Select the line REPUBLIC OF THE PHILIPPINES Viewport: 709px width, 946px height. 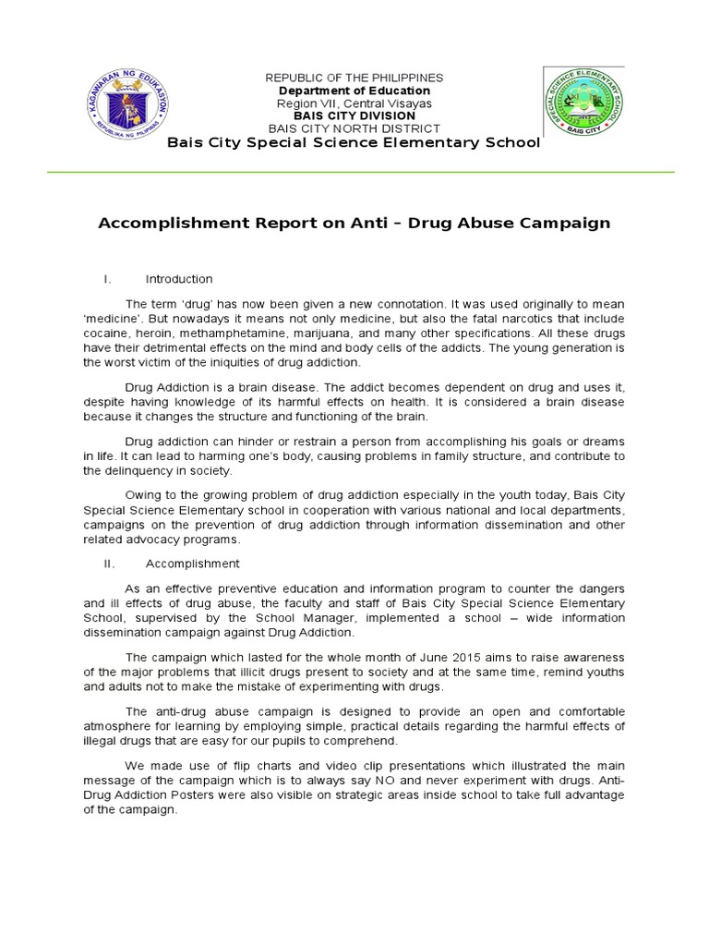[354, 78]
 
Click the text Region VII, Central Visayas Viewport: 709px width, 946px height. [354, 103]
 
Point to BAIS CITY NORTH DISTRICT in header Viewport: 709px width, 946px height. [354, 128]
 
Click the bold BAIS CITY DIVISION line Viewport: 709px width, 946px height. [354, 116]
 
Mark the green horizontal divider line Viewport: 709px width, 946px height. [354, 172]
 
